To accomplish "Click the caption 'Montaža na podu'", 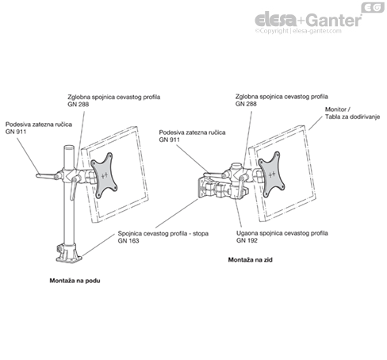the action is coord(75,281).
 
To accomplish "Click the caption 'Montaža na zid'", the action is coord(250,260).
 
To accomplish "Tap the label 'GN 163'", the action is coord(128,241).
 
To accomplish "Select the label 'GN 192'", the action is coord(247,240).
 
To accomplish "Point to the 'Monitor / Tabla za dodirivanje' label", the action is coord(352,113).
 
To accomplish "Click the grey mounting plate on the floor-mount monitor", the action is coord(104,175).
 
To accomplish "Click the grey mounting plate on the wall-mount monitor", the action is coord(271,174).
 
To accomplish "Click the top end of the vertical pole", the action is coord(69,147).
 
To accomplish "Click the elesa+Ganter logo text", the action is coord(308,20).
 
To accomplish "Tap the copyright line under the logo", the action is coord(298,31).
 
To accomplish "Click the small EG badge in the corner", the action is coord(373,7).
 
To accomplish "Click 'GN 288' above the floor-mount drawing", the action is coord(79,105).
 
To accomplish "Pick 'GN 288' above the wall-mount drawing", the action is coord(246,104).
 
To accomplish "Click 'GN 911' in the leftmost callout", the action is coord(16,132).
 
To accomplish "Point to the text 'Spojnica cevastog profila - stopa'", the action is coord(163,234).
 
